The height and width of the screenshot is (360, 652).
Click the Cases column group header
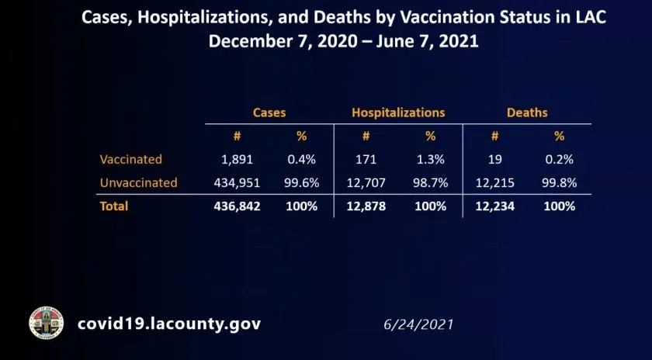[269, 112]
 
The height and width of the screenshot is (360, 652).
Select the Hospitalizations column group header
[398, 112]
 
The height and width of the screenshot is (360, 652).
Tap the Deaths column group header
[527, 112]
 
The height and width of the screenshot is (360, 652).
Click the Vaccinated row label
[131, 159]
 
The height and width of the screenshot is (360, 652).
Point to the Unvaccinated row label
[139, 183]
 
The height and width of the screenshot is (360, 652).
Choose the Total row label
[114, 206]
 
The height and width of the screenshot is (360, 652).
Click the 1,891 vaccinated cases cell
[237, 159]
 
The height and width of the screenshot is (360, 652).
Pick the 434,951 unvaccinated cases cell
[237, 183]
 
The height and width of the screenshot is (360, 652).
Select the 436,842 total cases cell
[237, 206]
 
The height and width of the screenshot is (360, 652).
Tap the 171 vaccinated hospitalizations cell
[366, 159]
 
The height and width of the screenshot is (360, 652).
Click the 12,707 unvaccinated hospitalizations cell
[366, 183]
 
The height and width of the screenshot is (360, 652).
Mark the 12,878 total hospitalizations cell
[366, 206]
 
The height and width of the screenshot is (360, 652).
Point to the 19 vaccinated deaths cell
[494, 159]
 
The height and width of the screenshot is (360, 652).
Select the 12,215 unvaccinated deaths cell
[494, 183]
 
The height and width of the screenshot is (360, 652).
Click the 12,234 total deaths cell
[494, 206]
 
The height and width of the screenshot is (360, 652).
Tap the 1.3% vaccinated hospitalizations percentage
[430, 159]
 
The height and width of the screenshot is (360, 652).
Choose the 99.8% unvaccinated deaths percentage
[559, 183]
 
